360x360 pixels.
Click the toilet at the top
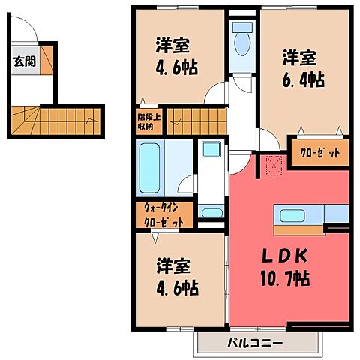[x=242, y=41]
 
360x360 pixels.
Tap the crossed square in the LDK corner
[x=271, y=165]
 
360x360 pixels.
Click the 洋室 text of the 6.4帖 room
[x=298, y=57]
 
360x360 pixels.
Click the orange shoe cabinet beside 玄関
[x=46, y=60]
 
